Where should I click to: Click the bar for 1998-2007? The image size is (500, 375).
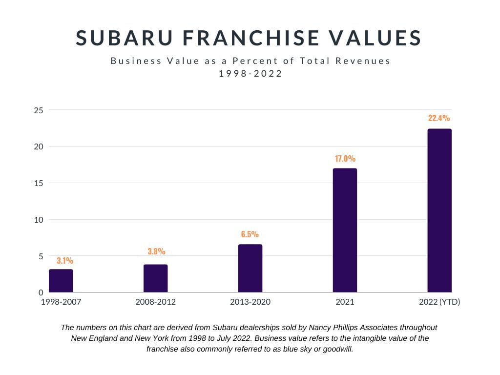[61, 281]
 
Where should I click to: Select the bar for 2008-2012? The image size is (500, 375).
[155, 278]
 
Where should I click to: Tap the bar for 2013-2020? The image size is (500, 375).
[250, 269]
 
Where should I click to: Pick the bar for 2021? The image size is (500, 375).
[345, 230]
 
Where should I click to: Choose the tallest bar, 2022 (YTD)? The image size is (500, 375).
[439, 210]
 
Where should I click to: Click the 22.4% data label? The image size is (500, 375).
[439, 118]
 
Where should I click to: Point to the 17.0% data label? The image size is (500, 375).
[345, 158]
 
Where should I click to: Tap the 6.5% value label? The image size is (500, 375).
[250, 234]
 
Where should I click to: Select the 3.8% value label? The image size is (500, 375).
[156, 251]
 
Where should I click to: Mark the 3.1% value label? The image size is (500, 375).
[65, 261]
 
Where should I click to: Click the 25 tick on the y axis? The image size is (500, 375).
[39, 110]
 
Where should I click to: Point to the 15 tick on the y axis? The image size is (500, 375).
[39, 183]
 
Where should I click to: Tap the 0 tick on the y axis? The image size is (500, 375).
[41, 292]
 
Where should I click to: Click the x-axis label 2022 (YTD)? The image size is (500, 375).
[439, 302]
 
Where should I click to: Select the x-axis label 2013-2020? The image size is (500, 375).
[250, 302]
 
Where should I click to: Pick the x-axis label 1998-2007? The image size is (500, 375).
[61, 302]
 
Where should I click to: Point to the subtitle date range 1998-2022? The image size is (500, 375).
[250, 74]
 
